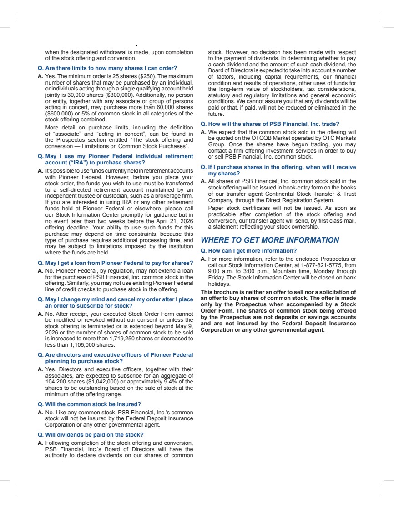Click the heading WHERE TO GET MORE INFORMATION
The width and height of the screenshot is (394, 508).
pyautogui.click(x=270, y=240)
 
